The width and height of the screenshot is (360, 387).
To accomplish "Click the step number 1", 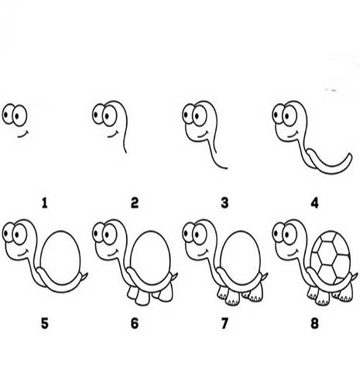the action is pos(45,203).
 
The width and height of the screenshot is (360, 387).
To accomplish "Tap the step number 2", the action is pos(135,203).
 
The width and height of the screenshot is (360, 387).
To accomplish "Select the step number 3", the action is pos(225,203).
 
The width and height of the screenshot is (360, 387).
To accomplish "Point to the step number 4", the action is pos(314,203).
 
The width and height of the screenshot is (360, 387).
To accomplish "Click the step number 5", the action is pos(45,323).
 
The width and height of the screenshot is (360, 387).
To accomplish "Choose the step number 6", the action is pos(135,323).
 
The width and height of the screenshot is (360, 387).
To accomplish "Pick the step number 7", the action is pos(225,323).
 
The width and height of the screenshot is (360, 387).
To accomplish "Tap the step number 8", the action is pos(314,323).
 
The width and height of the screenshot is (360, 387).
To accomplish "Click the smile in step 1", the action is pos(23,135).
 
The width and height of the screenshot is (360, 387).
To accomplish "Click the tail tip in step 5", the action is pos(87,273).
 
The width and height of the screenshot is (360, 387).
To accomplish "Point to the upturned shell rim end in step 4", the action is pos(350,155).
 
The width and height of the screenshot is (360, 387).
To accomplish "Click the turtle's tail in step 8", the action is pos(355,276).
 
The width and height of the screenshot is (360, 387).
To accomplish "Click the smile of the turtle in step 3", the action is pos(203,135).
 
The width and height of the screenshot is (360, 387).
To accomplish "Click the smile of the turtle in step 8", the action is pos(293,253).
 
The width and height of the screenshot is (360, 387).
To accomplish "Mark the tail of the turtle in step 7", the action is pos(265,276).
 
